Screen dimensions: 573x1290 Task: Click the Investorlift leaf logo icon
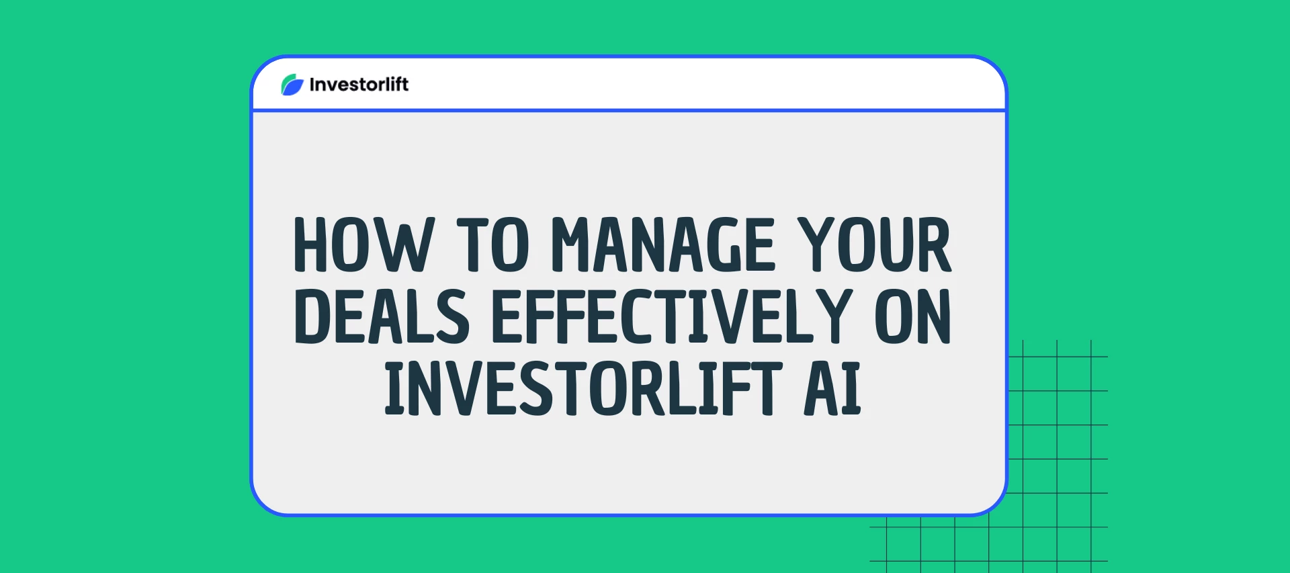[x=292, y=85]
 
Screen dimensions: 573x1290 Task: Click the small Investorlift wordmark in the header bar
[x=359, y=85]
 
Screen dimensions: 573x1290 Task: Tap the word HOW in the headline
[x=363, y=245]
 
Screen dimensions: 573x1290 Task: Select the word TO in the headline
[x=492, y=245]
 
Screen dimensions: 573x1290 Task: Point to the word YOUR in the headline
[x=874, y=245]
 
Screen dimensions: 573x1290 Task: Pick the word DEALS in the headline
[x=382, y=316]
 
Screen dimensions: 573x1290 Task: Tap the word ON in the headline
[x=913, y=316]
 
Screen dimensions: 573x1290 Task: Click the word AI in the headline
[x=832, y=388]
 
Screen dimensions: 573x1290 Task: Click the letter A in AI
[x=821, y=388]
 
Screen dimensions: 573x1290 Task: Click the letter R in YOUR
[x=934, y=245]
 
